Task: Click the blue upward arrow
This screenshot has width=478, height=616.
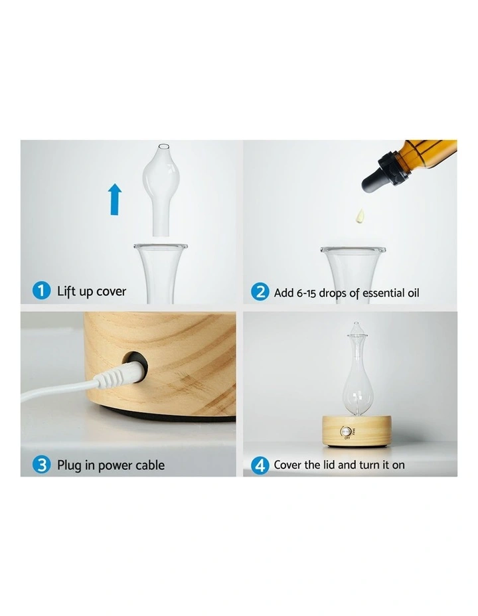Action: click(x=115, y=199)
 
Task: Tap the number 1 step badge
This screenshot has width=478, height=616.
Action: click(x=41, y=291)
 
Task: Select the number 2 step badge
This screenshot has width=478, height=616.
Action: click(x=260, y=292)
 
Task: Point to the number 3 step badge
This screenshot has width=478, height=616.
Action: click(x=41, y=465)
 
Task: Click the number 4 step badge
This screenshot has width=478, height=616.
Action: click(x=260, y=465)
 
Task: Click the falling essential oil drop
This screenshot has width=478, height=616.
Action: click(x=360, y=215)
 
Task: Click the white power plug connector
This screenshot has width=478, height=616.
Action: click(x=118, y=375)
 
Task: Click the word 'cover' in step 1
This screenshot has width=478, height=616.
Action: click(x=111, y=292)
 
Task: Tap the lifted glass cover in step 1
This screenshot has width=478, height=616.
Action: click(x=161, y=190)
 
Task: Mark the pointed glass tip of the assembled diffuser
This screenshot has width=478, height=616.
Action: click(x=356, y=323)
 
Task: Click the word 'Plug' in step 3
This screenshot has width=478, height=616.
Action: click(x=70, y=465)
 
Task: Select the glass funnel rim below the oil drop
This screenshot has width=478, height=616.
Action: click(x=353, y=250)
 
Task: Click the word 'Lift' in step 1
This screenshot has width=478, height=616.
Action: click(x=66, y=291)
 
